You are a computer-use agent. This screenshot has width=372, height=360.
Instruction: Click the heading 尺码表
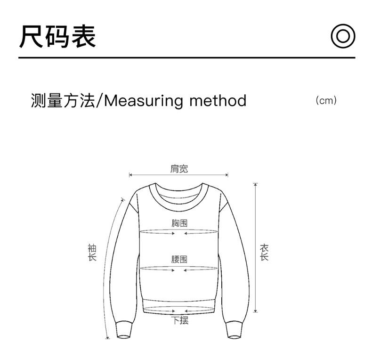(x=57, y=37)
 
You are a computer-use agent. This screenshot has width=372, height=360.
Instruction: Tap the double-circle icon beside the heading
(x=342, y=36)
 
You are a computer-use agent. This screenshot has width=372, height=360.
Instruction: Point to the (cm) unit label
(x=326, y=100)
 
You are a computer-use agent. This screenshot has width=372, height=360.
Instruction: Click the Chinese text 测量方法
(x=63, y=101)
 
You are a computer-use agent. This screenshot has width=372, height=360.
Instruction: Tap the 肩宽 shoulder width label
(x=179, y=168)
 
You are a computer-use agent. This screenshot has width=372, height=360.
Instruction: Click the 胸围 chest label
(x=179, y=223)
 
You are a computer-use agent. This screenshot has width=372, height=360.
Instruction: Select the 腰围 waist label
(x=179, y=259)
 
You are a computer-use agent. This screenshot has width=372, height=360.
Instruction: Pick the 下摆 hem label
(x=179, y=321)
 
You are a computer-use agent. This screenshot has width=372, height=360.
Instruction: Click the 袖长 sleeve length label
(x=92, y=253)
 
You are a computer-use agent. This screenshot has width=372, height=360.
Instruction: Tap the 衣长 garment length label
(x=264, y=253)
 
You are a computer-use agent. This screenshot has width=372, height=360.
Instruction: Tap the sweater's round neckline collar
(x=178, y=198)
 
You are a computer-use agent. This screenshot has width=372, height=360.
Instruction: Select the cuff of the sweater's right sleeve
(x=234, y=329)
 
